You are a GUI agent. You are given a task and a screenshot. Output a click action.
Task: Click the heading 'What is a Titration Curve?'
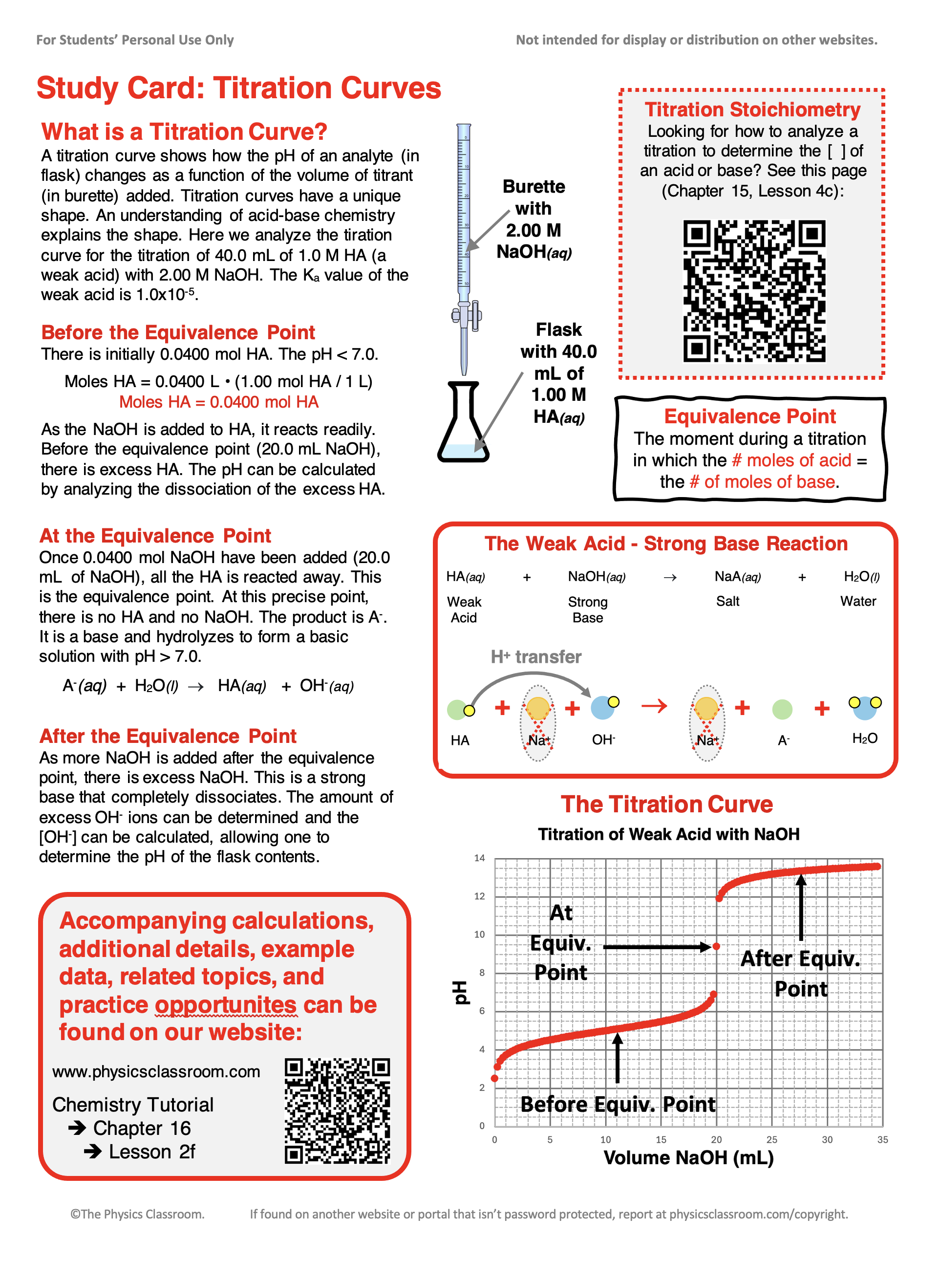pyautogui.click(x=184, y=131)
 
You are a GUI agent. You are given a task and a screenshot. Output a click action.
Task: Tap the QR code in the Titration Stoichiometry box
pyautogui.click(x=754, y=291)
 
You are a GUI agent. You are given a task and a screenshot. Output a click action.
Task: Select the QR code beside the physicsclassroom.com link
pyautogui.click(x=338, y=1110)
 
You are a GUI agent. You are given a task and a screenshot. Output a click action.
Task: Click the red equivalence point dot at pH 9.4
pyautogui.click(x=716, y=946)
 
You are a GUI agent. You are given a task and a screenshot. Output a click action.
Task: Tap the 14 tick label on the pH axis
pyautogui.click(x=480, y=858)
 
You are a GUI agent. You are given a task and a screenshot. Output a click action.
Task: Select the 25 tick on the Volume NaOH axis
pyautogui.click(x=771, y=1139)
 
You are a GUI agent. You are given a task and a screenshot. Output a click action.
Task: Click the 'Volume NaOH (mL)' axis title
pyautogui.click(x=688, y=1157)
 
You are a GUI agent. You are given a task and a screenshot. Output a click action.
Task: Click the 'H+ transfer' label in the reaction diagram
pyautogui.click(x=536, y=656)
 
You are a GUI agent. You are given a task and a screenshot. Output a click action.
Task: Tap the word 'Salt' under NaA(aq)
pyautogui.click(x=728, y=601)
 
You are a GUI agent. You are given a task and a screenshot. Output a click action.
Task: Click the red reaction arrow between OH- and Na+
pyautogui.click(x=654, y=706)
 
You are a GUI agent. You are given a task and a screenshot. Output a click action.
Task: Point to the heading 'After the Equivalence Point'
pyautogui.click(x=168, y=736)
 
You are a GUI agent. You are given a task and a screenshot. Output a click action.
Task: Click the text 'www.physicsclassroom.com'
pyautogui.click(x=156, y=1071)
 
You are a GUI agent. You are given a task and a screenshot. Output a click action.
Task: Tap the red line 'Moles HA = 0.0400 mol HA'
pyautogui.click(x=218, y=402)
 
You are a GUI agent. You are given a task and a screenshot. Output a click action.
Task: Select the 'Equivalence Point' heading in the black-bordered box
pyautogui.click(x=749, y=416)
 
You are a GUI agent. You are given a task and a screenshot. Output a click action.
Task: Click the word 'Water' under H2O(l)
pyautogui.click(x=858, y=601)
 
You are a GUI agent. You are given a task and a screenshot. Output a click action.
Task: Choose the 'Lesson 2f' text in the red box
pyautogui.click(x=152, y=1152)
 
